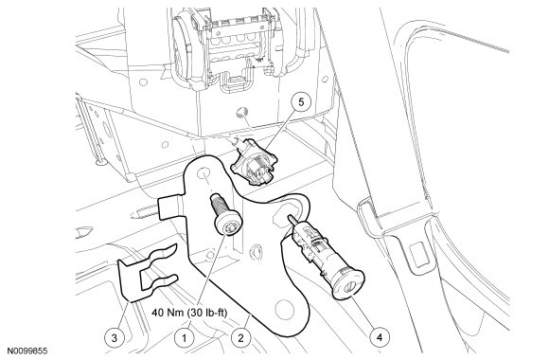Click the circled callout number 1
click(185, 338)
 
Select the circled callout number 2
click(240, 338)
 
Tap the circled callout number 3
click(115, 338)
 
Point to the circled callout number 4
click(380, 337)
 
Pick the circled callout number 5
click(301, 101)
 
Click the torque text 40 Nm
click(168, 313)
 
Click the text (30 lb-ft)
click(206, 313)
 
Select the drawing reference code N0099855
click(28, 351)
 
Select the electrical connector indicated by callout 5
click(253, 164)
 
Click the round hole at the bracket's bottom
click(284, 310)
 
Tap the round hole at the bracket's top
click(203, 173)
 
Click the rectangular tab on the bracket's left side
click(170, 207)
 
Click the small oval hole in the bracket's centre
click(257, 252)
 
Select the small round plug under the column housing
click(240, 112)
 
